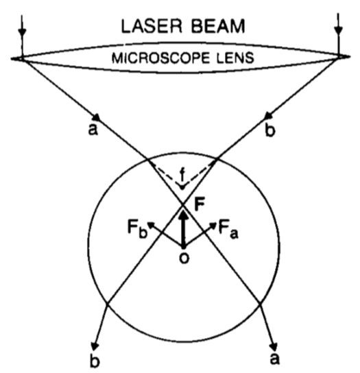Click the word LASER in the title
click(x=152, y=26)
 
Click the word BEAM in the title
click(x=218, y=26)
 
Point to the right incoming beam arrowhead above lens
click(x=338, y=31)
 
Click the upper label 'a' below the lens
click(x=93, y=130)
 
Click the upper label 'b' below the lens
click(x=269, y=130)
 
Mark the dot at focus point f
click(x=182, y=188)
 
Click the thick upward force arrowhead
click(x=183, y=213)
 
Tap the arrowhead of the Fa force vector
click(x=213, y=225)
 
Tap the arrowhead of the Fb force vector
click(x=152, y=225)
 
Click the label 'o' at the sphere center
click(x=184, y=258)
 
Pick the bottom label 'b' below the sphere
click(x=95, y=361)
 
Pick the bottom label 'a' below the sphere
click(x=274, y=359)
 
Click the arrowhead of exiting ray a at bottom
click(x=275, y=346)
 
